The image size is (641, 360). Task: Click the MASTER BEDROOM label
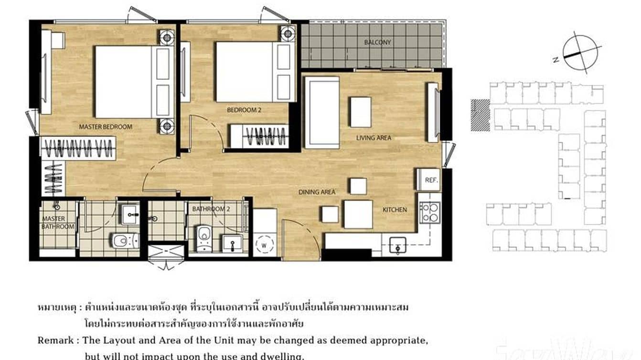click(x=105, y=127)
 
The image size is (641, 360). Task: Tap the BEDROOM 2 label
click(x=244, y=110)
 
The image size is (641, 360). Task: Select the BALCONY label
click(x=377, y=42)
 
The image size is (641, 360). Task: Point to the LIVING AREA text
click(x=374, y=138)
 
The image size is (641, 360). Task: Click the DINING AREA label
click(x=317, y=192)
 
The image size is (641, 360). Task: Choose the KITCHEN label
click(x=395, y=210)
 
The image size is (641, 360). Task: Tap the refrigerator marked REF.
click(x=428, y=180)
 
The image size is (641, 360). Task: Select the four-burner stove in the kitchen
click(x=429, y=212)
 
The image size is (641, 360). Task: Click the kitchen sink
click(x=397, y=246)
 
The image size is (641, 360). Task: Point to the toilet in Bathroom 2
click(x=204, y=238)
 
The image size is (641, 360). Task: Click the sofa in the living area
click(x=321, y=112)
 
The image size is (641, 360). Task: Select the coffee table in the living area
click(x=360, y=112)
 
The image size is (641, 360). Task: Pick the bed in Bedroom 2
click(x=251, y=72)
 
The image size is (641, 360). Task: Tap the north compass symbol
click(x=581, y=53)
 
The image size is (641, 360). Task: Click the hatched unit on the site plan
click(x=480, y=115)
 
